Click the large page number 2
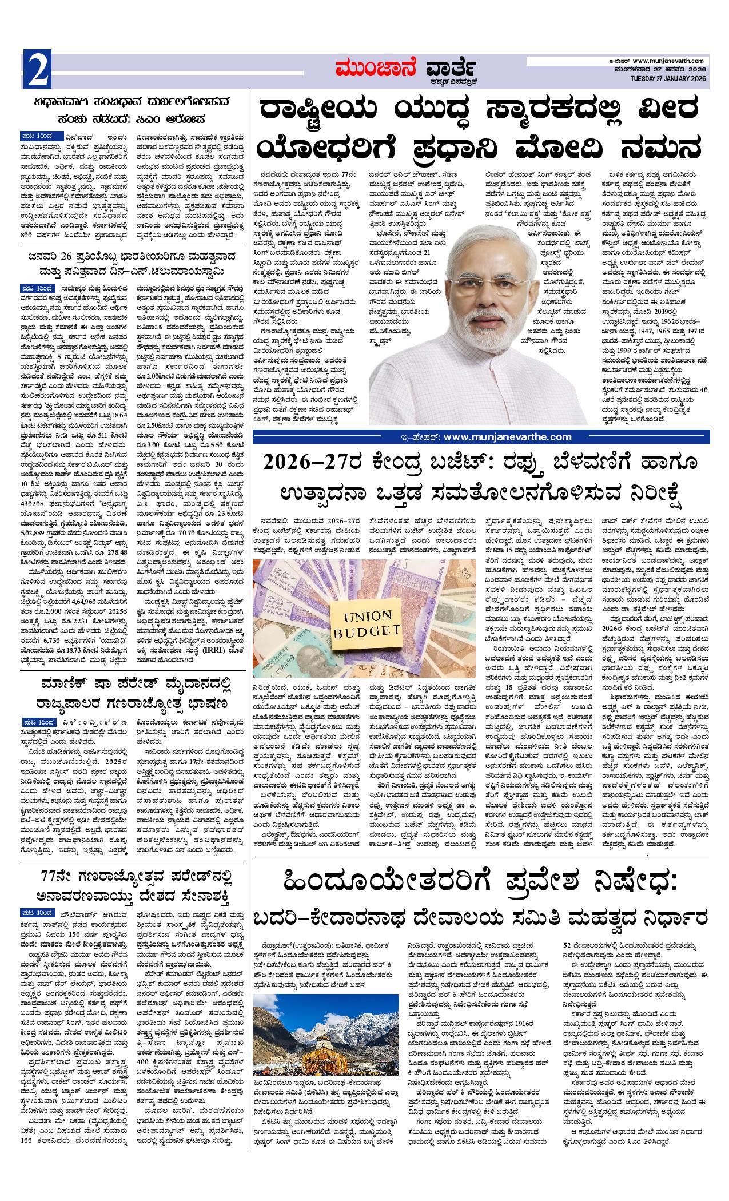point(38,71)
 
